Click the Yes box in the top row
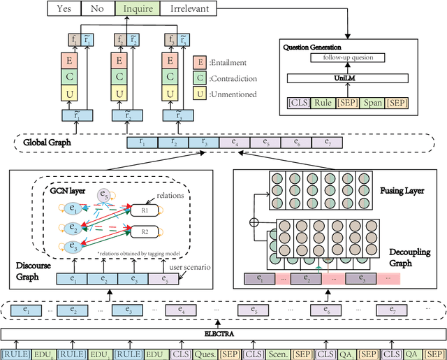[x=65, y=8]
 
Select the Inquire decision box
[x=136, y=8]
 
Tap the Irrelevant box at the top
[x=188, y=8]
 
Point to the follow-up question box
[x=348, y=58]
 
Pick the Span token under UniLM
[x=374, y=103]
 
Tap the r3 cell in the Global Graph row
[x=205, y=142]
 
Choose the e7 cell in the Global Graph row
[x=327, y=142]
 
